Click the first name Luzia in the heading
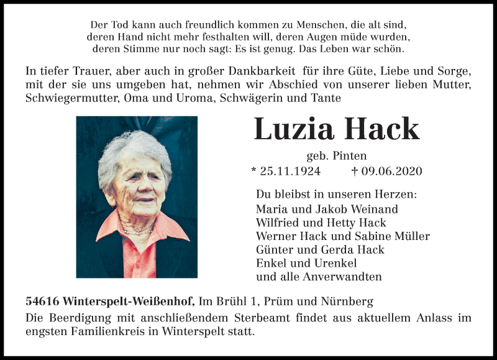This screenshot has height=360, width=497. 294,129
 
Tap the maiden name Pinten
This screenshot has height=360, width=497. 350,156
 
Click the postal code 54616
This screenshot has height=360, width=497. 42,302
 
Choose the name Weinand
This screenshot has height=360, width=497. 373,209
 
